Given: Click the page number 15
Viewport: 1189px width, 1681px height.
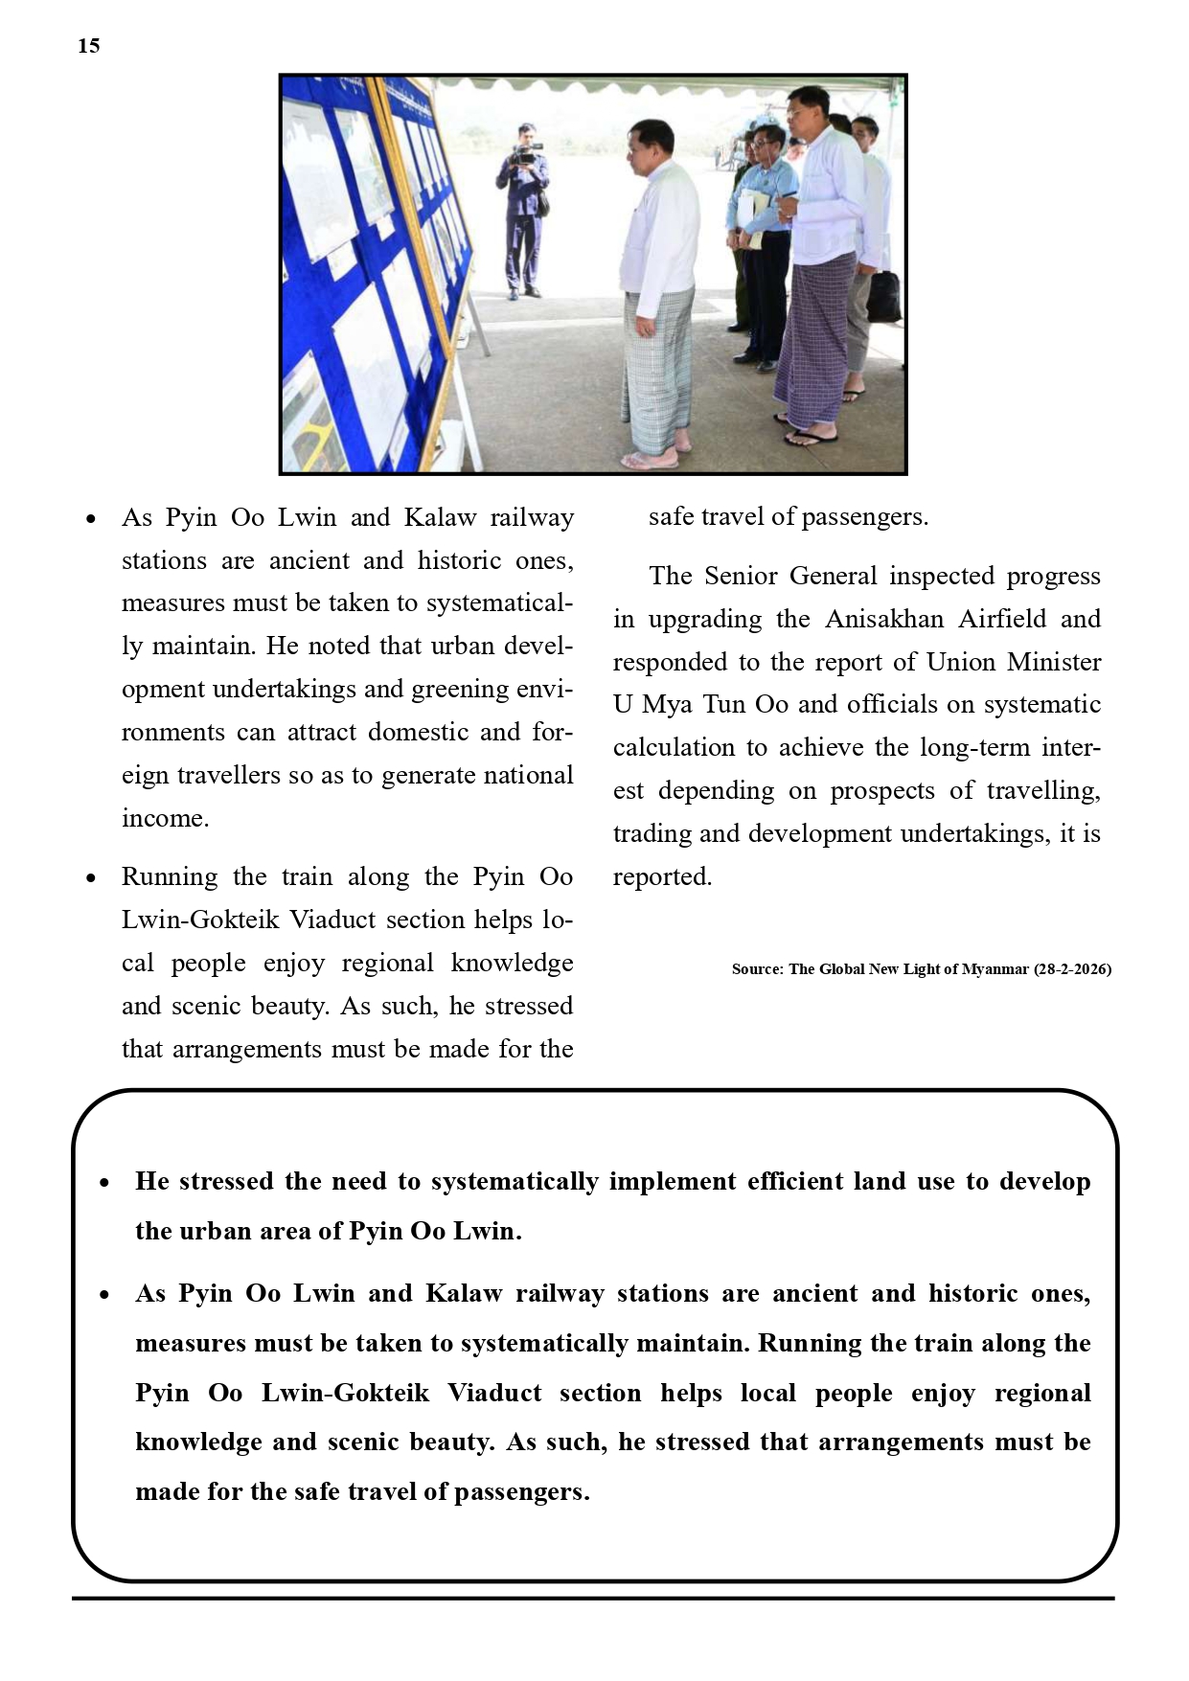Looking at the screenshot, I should [x=88, y=46].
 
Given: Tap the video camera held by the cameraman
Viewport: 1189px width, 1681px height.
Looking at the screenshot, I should [x=526, y=153].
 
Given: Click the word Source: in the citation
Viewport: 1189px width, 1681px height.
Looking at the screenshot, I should [x=757, y=969].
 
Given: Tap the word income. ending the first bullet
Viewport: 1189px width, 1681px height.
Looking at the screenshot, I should [x=165, y=818].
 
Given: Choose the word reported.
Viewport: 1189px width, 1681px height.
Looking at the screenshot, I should [x=662, y=876].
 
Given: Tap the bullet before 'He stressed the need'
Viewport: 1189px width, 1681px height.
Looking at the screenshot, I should [x=104, y=1183].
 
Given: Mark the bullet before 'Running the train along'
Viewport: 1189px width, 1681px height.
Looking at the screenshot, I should [x=91, y=877].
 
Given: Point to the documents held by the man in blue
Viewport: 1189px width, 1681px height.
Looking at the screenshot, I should [x=756, y=217].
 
